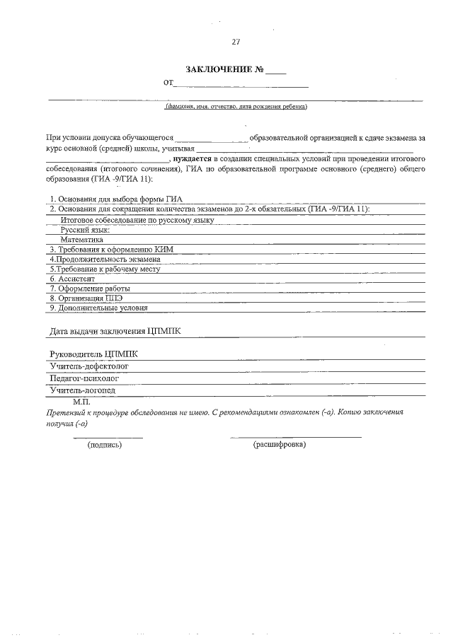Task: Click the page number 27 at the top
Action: pyautogui.click(x=236, y=42)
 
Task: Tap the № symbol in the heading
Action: pyautogui.click(x=260, y=69)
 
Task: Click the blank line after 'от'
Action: pyautogui.click(x=241, y=85)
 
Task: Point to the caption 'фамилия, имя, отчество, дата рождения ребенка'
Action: pyautogui.click(x=236, y=107)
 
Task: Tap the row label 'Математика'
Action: pyautogui.click(x=82, y=240)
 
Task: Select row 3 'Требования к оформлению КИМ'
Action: pyautogui.click(x=110, y=250)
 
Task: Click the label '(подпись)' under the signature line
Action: pyautogui.click(x=105, y=445)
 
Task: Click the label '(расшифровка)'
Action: pyautogui.click(x=279, y=445)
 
